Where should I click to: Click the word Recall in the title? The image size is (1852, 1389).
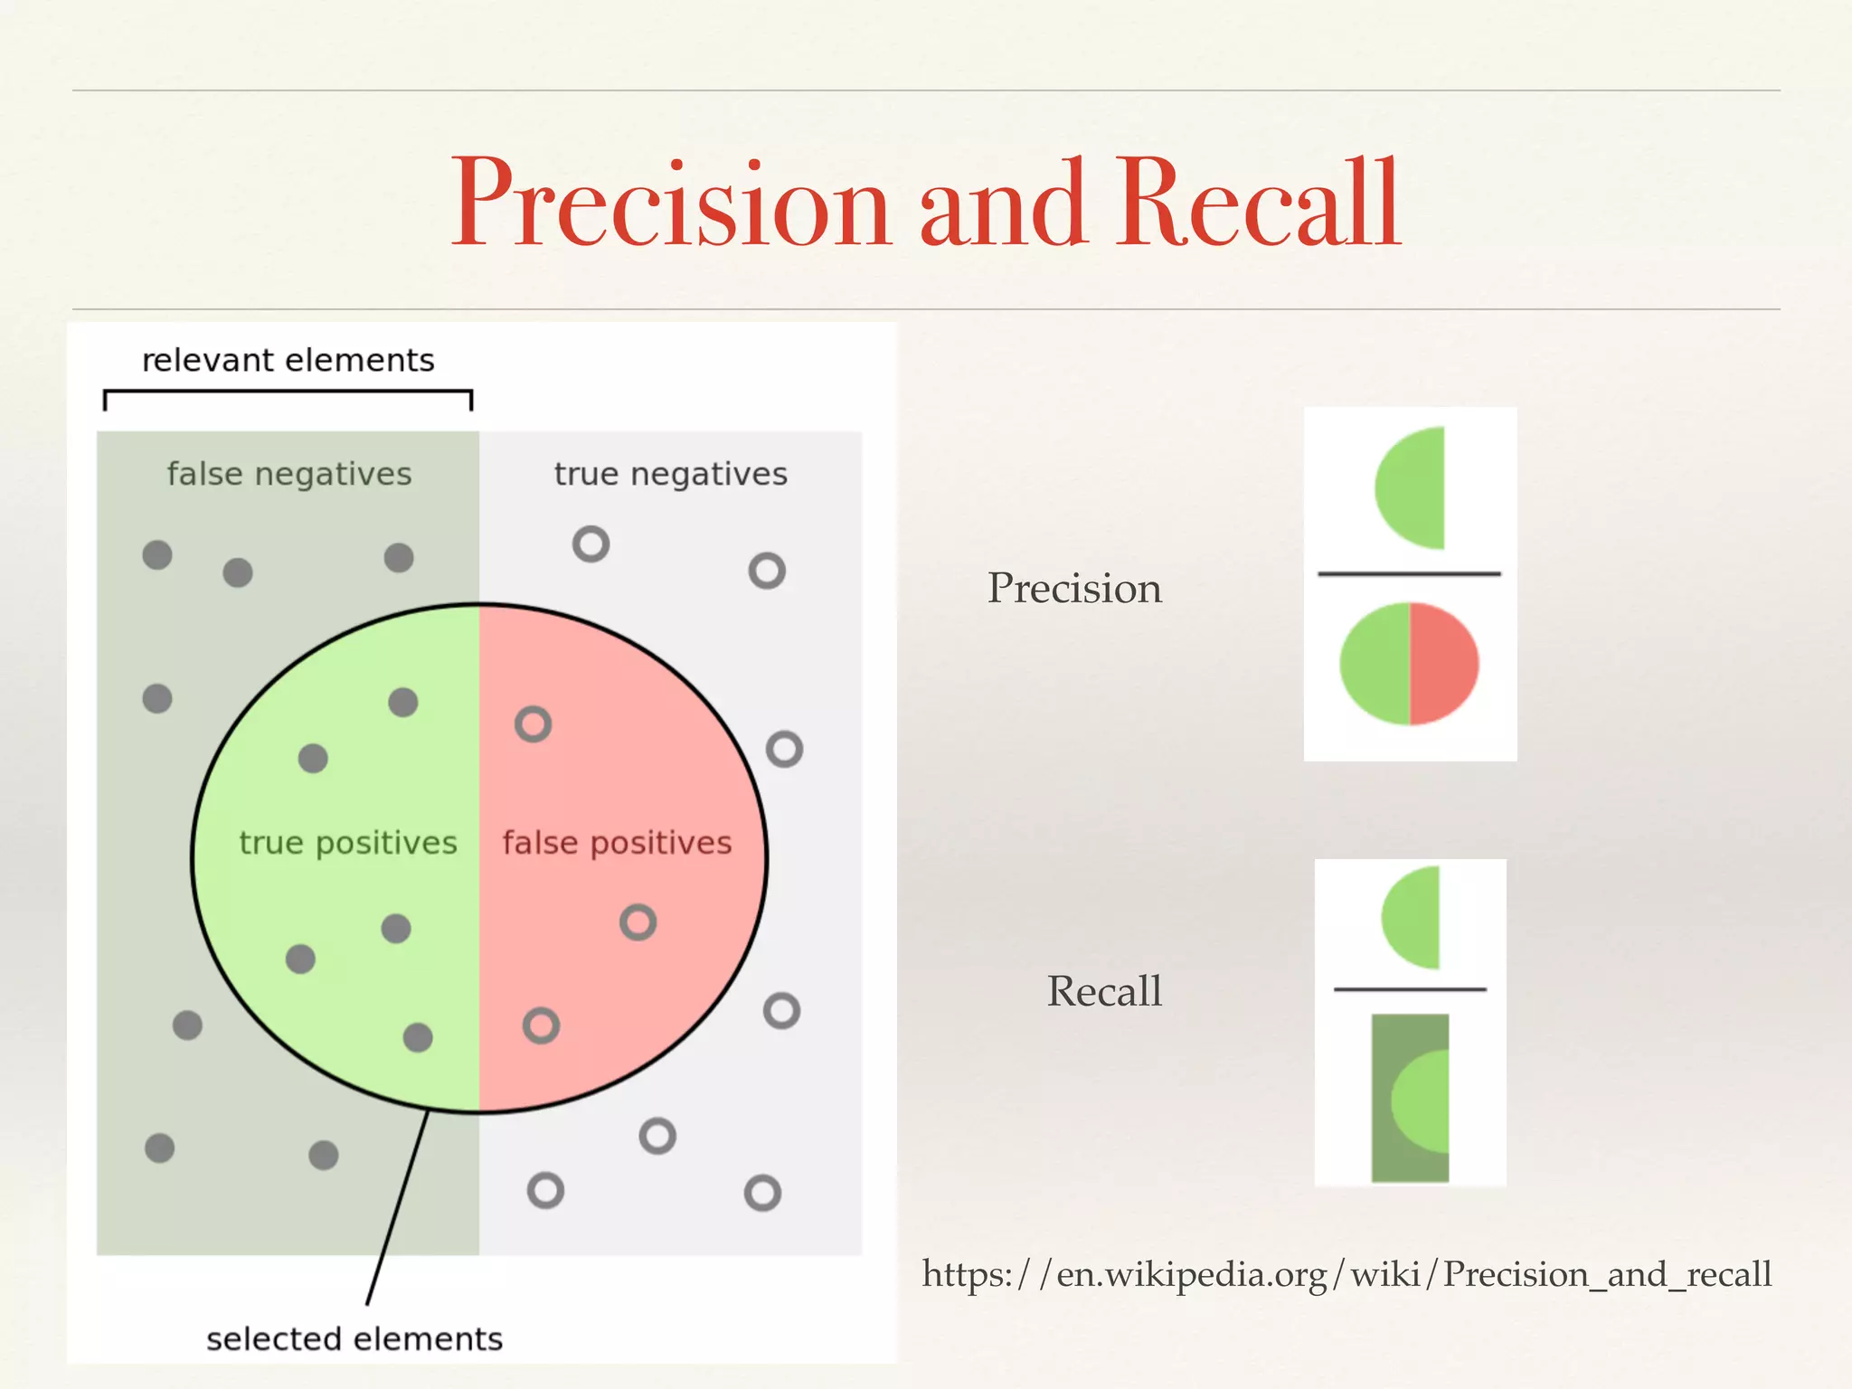1258,203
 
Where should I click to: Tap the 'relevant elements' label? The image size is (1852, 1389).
288,361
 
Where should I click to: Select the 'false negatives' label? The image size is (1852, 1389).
288,474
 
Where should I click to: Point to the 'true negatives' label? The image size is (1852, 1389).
670,474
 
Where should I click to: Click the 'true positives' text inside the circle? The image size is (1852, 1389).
347,843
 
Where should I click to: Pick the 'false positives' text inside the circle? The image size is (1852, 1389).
617,843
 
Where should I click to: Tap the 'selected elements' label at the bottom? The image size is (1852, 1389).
354,1339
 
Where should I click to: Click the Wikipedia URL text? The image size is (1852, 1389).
1346,1274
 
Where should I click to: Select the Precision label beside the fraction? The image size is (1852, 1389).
1074,588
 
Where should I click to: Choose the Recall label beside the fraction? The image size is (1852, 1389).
1104,991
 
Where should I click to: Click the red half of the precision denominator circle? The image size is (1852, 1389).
1444,664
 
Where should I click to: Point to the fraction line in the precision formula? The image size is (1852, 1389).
1409,573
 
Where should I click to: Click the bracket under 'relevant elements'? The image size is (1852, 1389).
288,392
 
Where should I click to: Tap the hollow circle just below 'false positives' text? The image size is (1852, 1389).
638,922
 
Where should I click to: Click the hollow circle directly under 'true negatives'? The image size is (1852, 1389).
591,544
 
